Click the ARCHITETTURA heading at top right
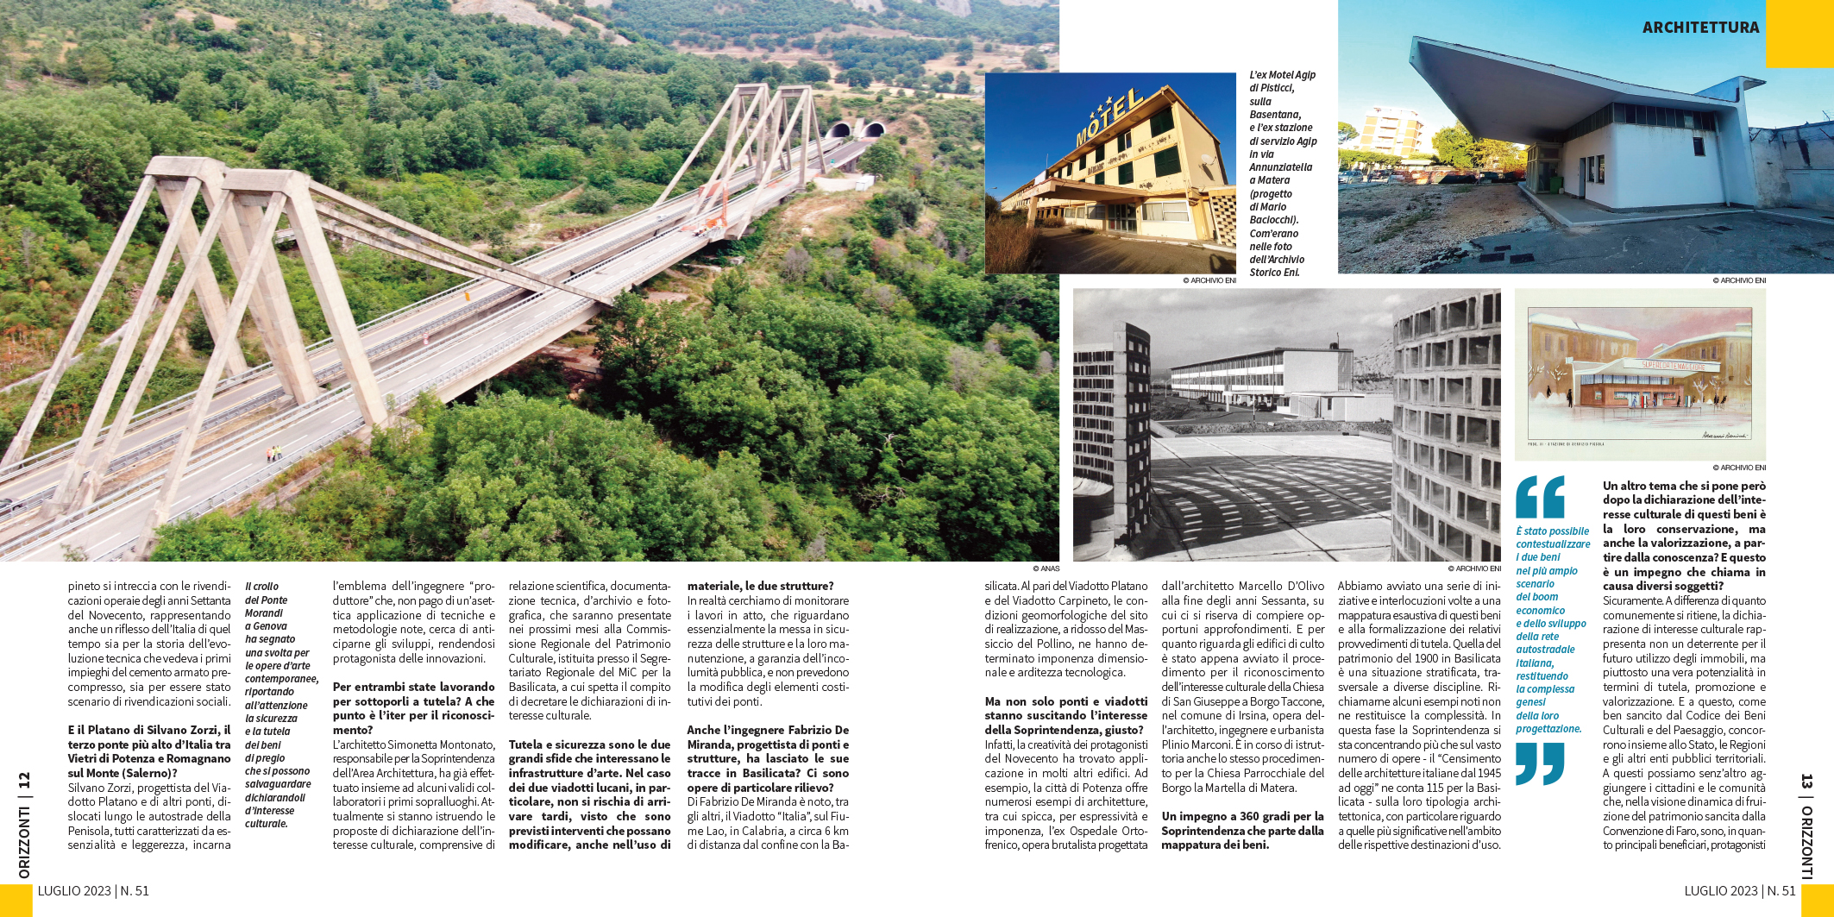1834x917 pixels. (1700, 28)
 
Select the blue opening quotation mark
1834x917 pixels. (1540, 497)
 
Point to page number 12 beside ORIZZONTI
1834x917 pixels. (24, 780)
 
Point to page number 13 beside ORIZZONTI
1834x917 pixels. (1806, 782)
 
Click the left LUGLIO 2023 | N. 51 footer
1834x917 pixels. (93, 890)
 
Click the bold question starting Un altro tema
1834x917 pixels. (1684, 486)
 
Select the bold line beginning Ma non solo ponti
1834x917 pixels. (1065, 701)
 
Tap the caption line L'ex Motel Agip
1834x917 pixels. (1282, 75)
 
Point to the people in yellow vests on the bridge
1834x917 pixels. (273, 452)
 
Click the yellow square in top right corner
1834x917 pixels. (1799, 33)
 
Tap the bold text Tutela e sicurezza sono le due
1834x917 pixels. (589, 744)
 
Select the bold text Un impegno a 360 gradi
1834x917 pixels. (1241, 816)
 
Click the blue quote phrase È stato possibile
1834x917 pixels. (1553, 531)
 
